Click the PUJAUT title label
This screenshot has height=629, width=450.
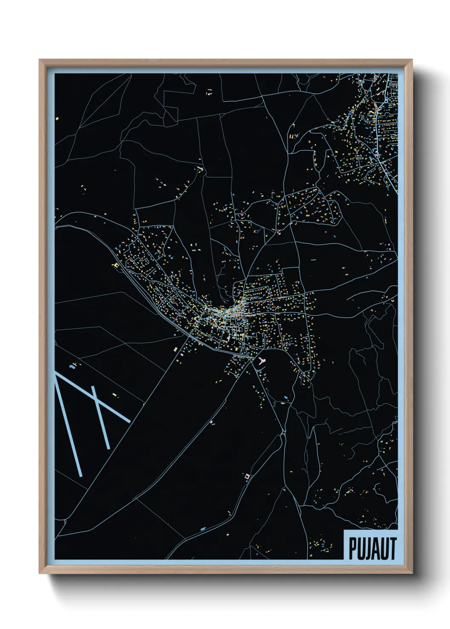[x=373, y=548]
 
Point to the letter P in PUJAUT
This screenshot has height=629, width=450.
[x=353, y=549]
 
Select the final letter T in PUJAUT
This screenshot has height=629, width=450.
[x=393, y=549]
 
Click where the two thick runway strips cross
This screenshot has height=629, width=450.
[x=98, y=402]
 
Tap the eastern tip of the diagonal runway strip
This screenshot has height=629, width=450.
[x=128, y=422]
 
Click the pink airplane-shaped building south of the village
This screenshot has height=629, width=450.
[x=261, y=362]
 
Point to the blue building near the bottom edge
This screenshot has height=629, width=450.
[x=203, y=529]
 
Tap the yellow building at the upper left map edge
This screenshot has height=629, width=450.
[x=56, y=119]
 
